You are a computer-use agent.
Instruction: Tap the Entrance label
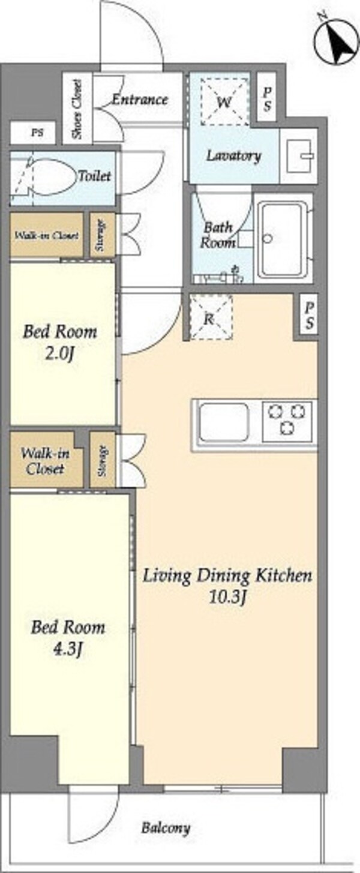[x=140, y=100]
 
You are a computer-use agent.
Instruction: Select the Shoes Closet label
[x=77, y=110]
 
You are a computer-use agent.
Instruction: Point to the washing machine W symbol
[x=224, y=102]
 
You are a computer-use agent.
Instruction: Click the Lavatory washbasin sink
[x=299, y=156]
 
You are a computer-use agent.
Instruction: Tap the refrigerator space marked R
[x=211, y=317]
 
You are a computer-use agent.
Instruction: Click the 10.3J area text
[x=227, y=598]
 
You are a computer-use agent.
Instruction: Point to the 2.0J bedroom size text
[x=59, y=355]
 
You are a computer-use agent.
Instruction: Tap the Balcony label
[x=166, y=827]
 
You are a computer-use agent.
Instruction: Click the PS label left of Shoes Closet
[x=37, y=133]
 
